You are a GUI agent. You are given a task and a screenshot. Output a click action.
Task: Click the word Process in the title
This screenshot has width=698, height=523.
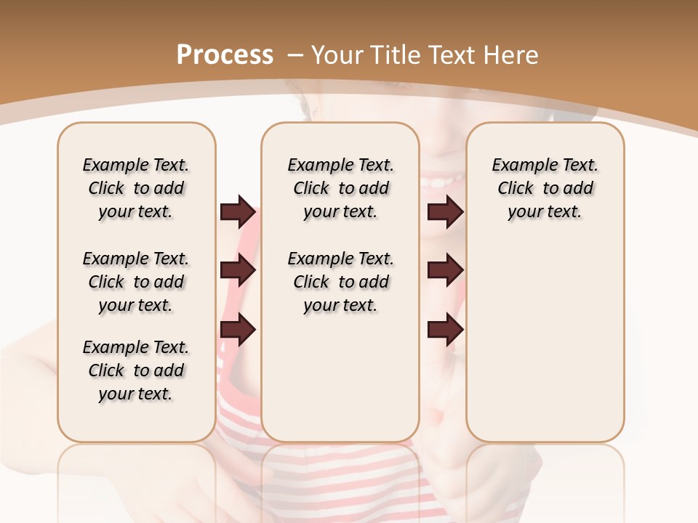click(225, 54)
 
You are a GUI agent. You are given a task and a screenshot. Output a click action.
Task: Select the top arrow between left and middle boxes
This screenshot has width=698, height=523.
click(238, 212)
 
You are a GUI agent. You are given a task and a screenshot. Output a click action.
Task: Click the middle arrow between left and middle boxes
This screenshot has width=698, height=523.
click(238, 270)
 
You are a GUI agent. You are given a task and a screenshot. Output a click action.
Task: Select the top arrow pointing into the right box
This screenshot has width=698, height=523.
click(445, 212)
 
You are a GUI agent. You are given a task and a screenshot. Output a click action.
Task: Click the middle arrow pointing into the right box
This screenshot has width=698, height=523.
click(445, 270)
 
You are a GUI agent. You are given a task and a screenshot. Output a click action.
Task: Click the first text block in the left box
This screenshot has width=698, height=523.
click(136, 188)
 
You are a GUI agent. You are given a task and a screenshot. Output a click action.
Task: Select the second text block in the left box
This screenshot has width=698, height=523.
click(136, 282)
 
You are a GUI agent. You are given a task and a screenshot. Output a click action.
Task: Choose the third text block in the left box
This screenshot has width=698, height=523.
click(136, 370)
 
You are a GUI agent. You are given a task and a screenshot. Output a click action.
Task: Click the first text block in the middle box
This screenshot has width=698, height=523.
click(340, 188)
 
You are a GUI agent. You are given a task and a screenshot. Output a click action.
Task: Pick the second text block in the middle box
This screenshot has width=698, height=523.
click(340, 282)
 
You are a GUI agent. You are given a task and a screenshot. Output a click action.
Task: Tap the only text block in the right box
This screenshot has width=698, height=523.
click(545, 188)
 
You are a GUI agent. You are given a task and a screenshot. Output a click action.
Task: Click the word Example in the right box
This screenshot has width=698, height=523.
click(518, 165)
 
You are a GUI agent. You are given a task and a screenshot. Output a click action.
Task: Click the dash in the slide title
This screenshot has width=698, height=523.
click(294, 54)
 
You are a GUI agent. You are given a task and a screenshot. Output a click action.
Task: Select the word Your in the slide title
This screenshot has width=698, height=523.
click(338, 54)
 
